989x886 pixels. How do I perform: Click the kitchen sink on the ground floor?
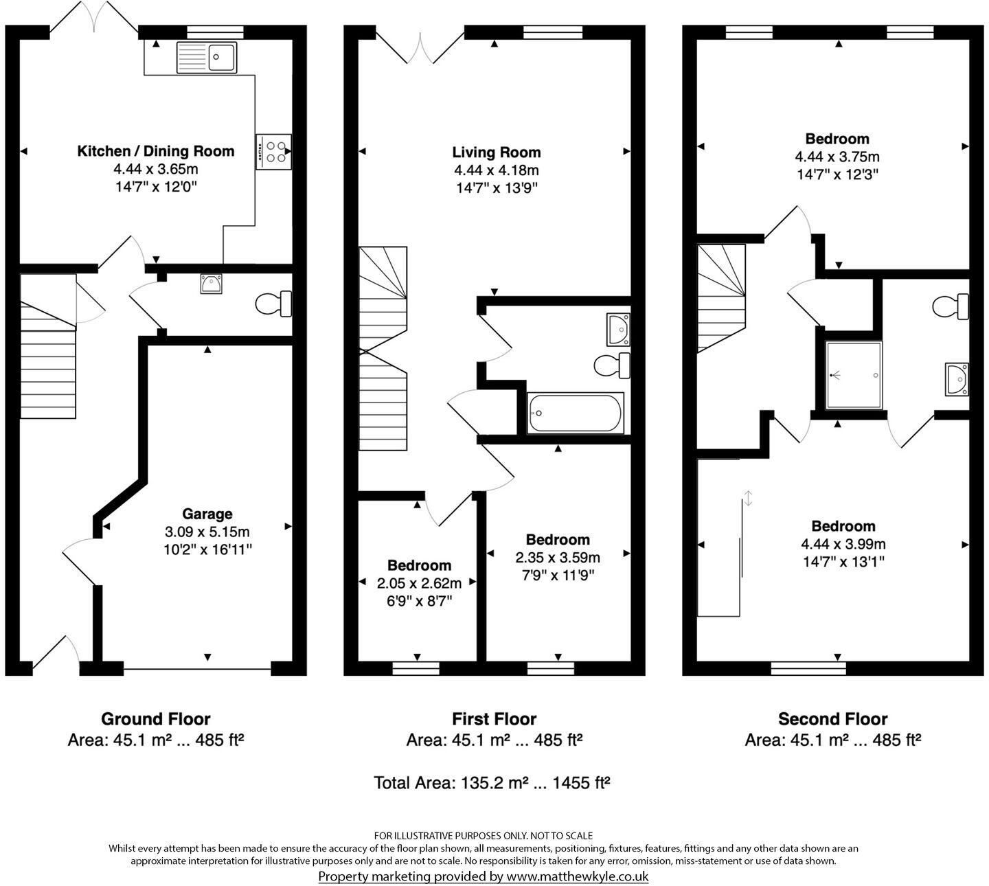coord(206,57)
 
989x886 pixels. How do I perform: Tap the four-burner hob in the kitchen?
coord(274,152)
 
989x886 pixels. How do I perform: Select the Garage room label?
coord(207,514)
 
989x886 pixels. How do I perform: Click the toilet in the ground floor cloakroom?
coord(273,304)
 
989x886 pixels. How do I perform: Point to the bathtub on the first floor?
coord(576,413)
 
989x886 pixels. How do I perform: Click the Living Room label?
coord(496,152)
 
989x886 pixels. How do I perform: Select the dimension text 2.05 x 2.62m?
coord(418,583)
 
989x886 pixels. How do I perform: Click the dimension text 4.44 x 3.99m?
coord(843,544)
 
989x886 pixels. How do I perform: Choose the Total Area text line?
coord(492,782)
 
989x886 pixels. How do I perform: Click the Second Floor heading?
coord(832,719)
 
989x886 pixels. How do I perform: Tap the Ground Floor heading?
coord(156,719)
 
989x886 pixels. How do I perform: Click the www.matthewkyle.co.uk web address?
coord(577,876)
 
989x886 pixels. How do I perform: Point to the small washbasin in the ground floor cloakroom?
coord(211,284)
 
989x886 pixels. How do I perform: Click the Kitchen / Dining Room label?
coord(156,151)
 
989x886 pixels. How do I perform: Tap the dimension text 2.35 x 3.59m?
coord(558,557)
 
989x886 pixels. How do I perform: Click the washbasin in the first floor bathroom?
coord(619,330)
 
